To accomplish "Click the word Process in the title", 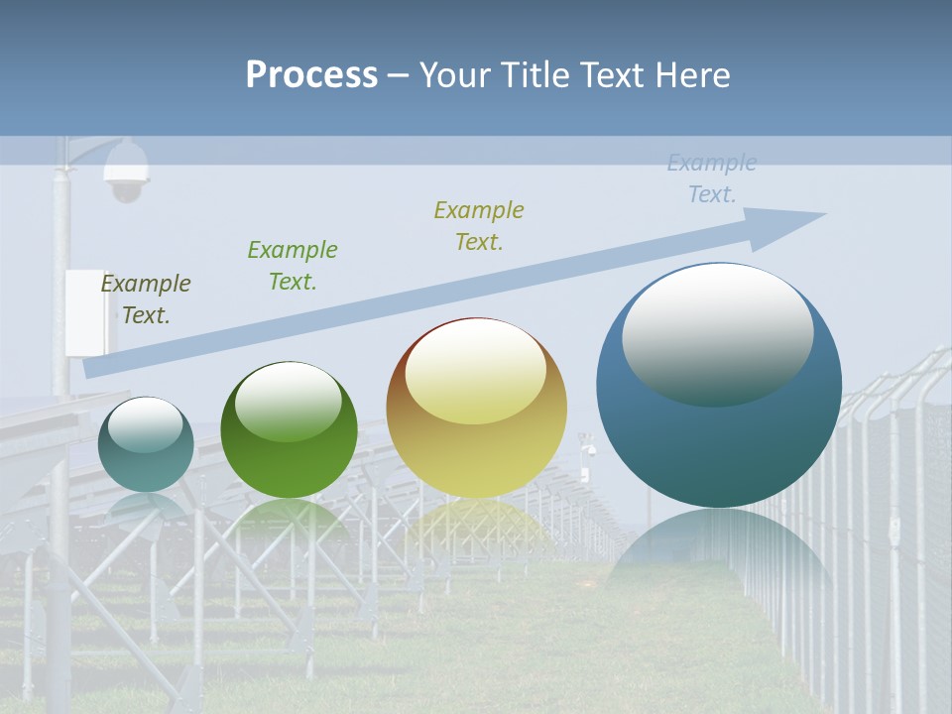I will tap(311, 75).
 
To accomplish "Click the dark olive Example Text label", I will tap(146, 299).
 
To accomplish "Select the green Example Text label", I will tap(293, 266).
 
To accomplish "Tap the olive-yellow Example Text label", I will tap(479, 226).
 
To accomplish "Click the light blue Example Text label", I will tap(712, 178).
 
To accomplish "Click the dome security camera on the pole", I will tap(127, 172).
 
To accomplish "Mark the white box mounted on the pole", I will tap(85, 311).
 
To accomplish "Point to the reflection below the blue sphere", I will tap(718, 550).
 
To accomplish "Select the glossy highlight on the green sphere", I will tap(289, 402).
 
